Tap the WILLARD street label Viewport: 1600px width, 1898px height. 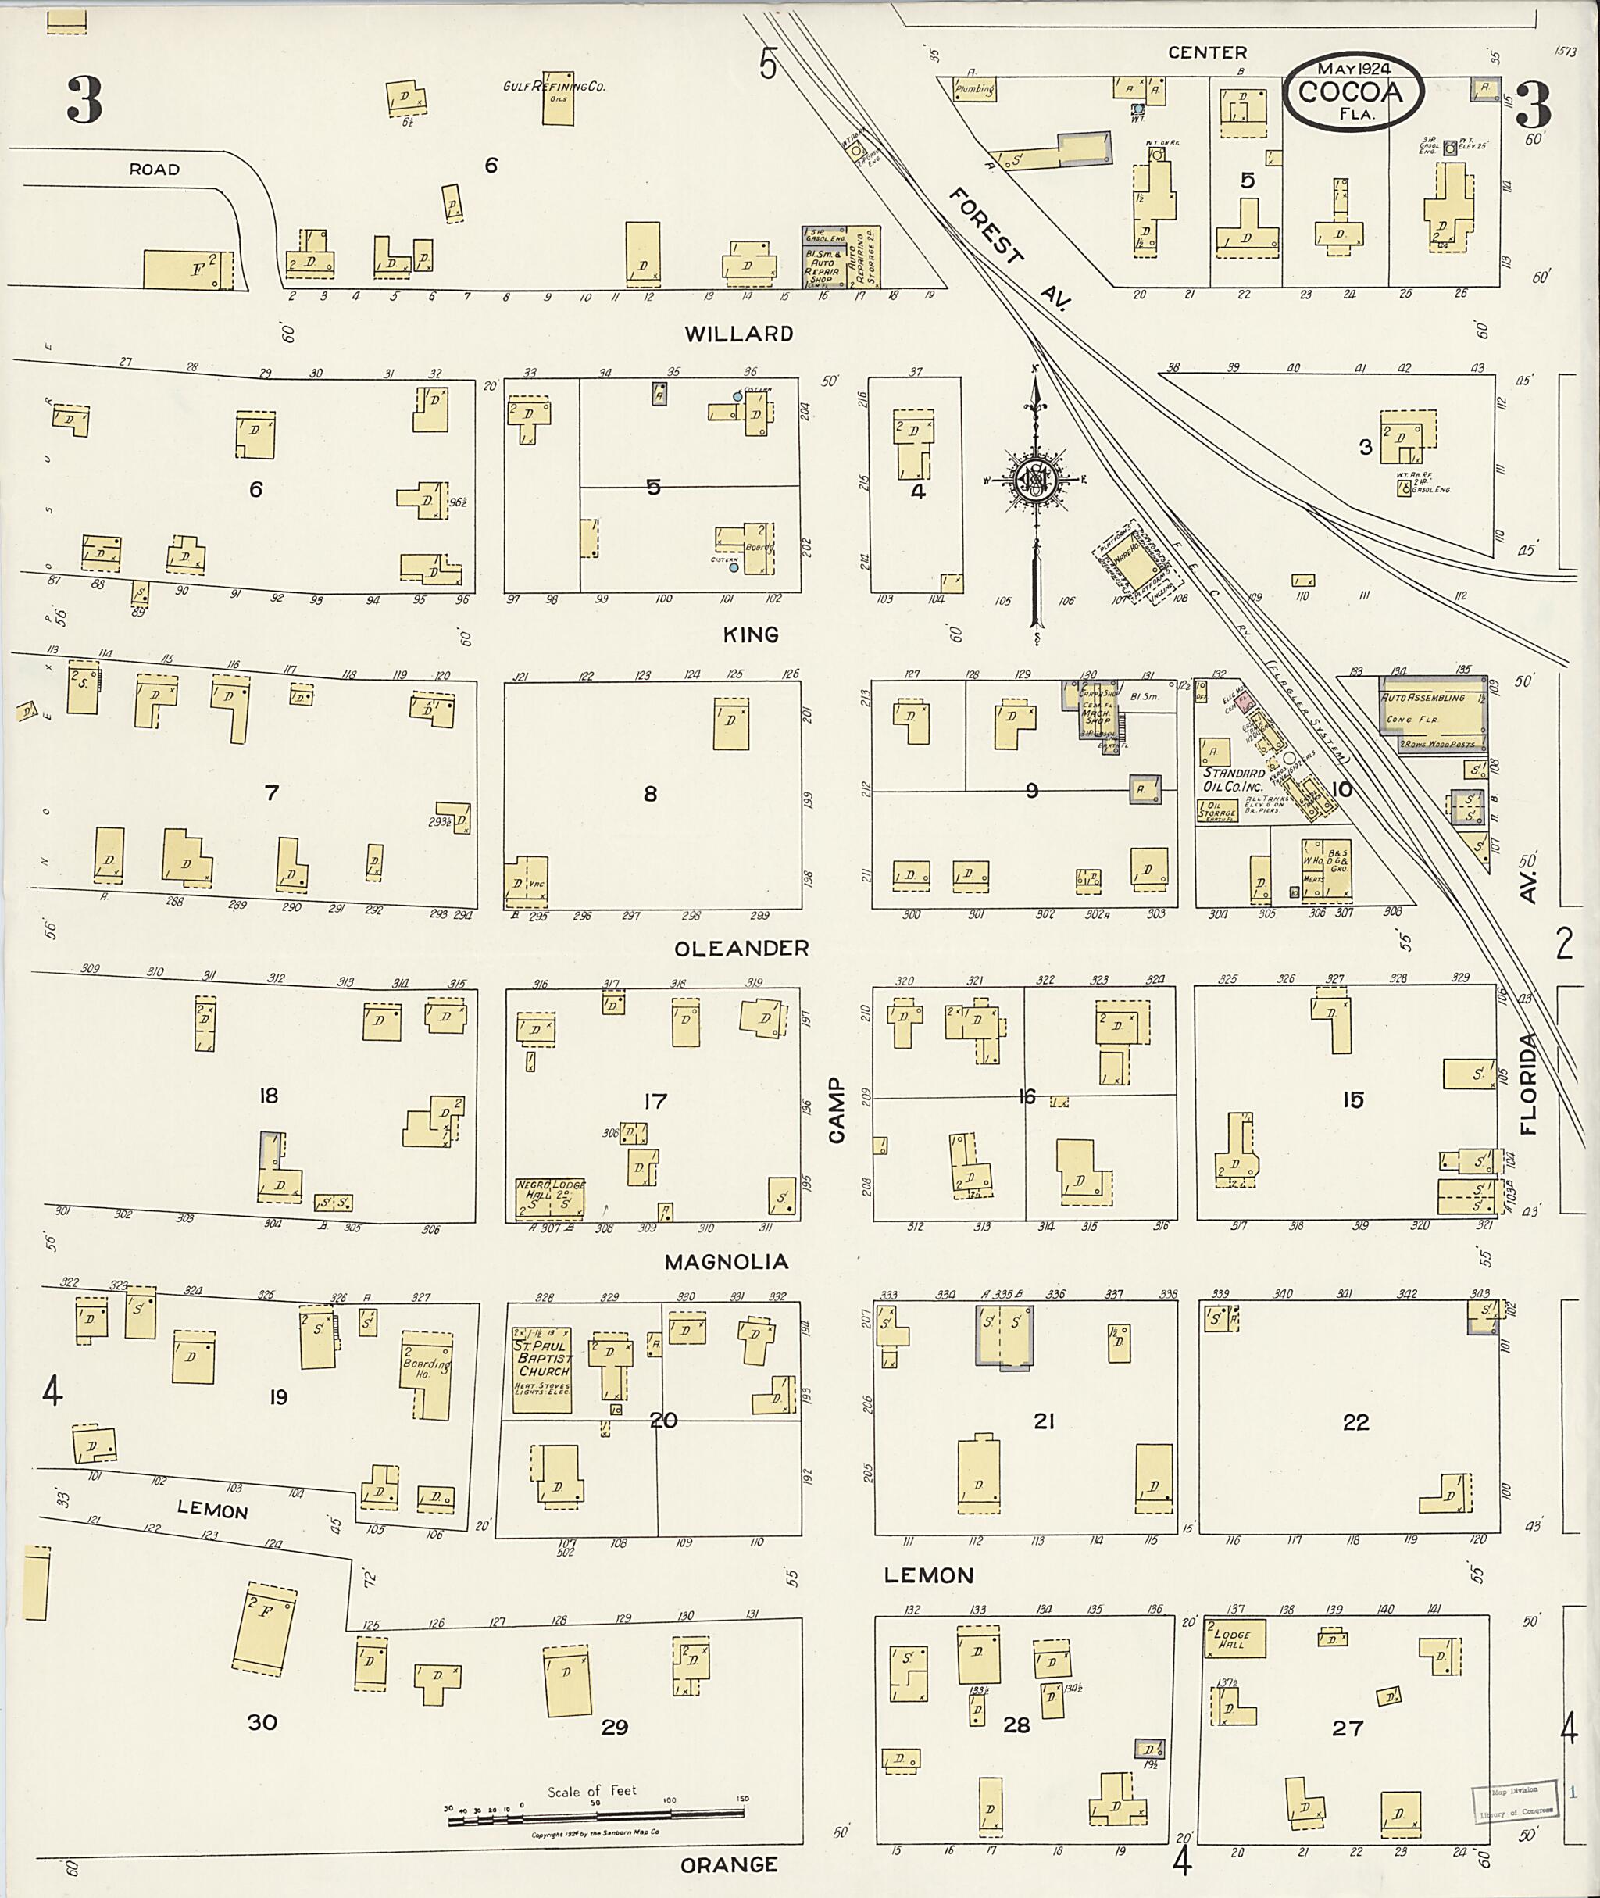point(738,334)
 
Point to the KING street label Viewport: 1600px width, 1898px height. point(751,634)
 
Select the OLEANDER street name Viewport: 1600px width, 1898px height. point(741,948)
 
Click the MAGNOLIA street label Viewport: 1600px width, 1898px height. point(726,1262)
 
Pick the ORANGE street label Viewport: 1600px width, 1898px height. point(728,1865)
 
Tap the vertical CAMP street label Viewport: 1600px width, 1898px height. point(835,1110)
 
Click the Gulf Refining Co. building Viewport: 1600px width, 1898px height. point(558,99)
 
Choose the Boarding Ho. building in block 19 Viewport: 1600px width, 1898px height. point(426,1375)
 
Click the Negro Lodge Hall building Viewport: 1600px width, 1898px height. point(548,1198)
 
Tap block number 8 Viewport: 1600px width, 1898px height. point(649,794)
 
